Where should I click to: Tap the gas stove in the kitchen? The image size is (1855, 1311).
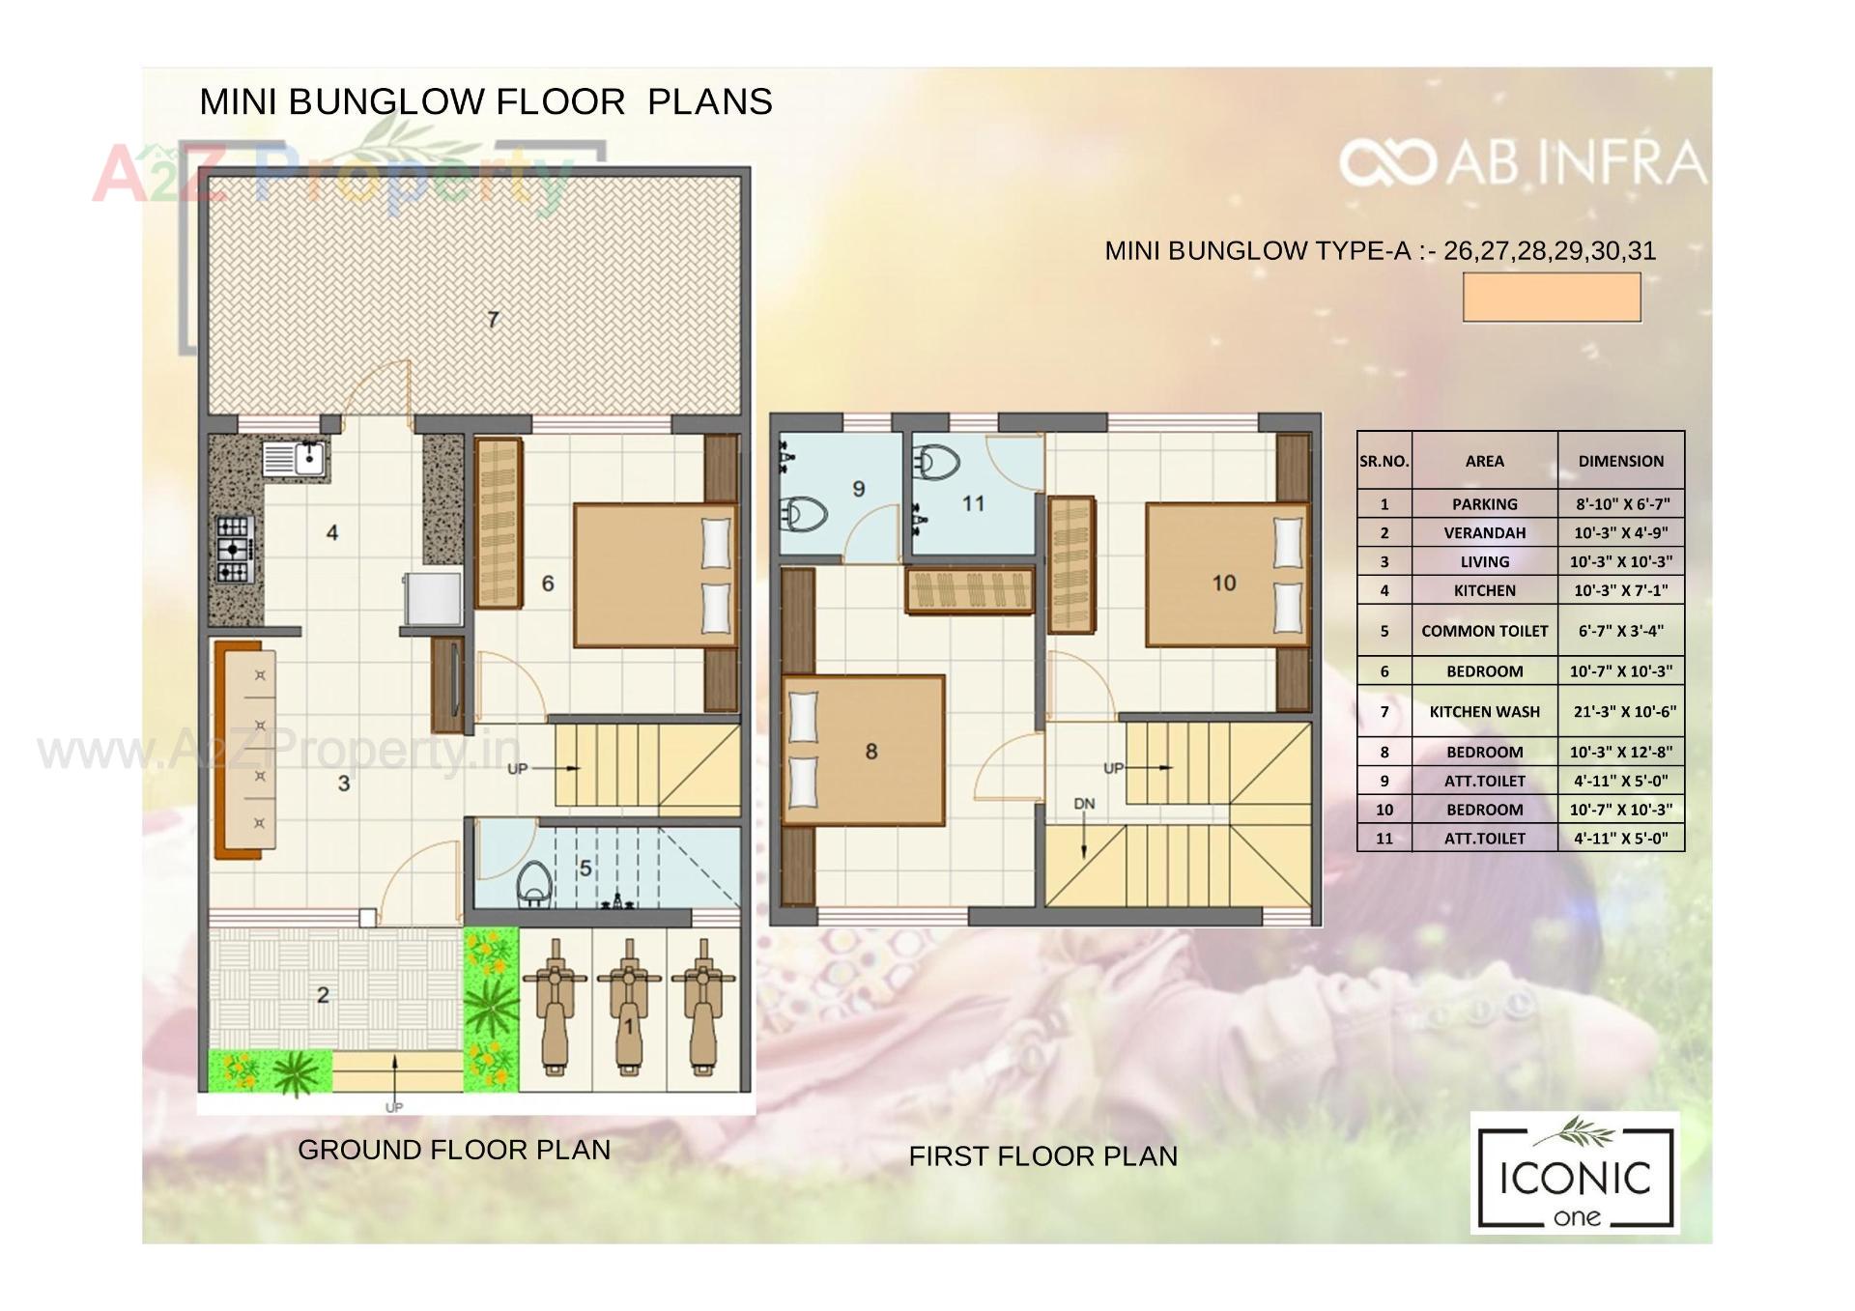tap(234, 550)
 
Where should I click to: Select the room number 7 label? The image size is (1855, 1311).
tap(493, 320)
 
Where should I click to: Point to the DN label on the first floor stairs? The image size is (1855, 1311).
tap(1084, 804)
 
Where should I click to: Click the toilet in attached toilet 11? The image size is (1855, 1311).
tap(935, 463)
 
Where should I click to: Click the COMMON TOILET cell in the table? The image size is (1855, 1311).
tap(1484, 631)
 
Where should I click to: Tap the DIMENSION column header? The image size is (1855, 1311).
tap(1620, 461)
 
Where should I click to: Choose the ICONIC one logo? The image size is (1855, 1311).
tap(1575, 1174)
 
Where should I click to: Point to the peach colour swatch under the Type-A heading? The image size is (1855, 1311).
tap(1552, 297)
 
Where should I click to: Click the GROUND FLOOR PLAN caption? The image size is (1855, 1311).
tap(454, 1150)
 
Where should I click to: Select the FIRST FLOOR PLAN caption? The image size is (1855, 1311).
tap(1042, 1156)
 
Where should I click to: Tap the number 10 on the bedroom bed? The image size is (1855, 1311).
tap(1224, 584)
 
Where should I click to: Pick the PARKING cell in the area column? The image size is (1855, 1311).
tap(1484, 504)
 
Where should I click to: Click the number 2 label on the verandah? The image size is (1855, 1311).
tap(323, 995)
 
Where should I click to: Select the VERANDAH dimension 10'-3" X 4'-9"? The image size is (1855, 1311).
tap(1620, 533)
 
